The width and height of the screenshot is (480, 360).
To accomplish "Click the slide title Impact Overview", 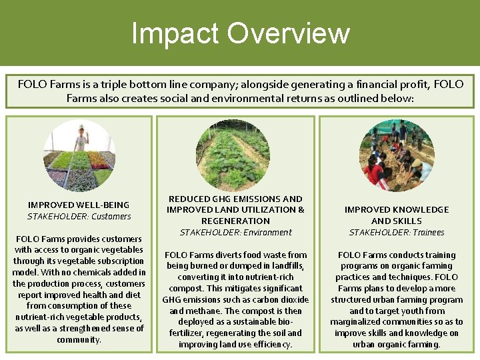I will tap(240, 33).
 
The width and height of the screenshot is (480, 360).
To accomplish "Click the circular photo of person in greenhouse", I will tap(79, 155).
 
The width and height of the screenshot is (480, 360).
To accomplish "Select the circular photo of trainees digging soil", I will tap(396, 155).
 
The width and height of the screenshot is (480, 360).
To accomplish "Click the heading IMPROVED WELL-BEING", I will tap(79, 205).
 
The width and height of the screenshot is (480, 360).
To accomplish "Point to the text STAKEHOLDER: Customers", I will tap(79, 216).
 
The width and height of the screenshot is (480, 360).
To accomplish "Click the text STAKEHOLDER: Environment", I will tap(235, 232).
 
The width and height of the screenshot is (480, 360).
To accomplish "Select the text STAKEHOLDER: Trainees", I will tap(396, 232).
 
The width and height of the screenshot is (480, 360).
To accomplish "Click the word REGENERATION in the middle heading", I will tap(235, 221).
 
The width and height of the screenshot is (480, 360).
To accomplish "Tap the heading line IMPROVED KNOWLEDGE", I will tap(396, 209).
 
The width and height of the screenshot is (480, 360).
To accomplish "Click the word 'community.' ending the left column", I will tap(79, 339).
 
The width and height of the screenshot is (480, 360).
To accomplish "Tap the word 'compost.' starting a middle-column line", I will tap(186, 288).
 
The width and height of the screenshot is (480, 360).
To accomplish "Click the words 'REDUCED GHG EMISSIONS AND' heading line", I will tap(235, 199).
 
